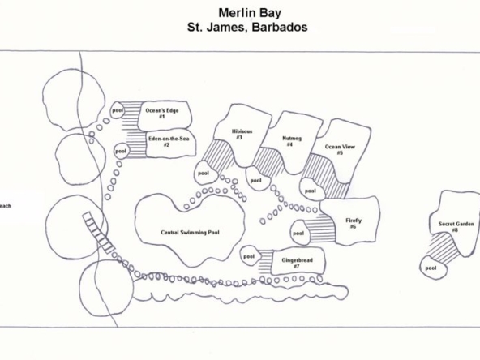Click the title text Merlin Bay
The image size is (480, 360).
(x=250, y=13)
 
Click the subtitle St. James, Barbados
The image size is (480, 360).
(x=247, y=28)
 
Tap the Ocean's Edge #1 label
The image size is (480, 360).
(x=162, y=114)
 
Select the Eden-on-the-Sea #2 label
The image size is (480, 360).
(x=169, y=142)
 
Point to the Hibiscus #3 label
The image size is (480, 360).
(x=242, y=135)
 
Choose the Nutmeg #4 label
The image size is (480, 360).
(x=291, y=141)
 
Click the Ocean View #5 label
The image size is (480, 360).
(x=340, y=150)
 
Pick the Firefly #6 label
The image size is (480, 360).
(x=354, y=224)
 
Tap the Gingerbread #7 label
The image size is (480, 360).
(x=297, y=264)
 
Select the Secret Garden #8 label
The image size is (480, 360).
(x=456, y=227)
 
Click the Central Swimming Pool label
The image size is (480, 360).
(x=190, y=233)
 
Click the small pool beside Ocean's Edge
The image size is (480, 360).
(x=118, y=110)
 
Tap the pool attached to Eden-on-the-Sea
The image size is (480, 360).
(x=121, y=151)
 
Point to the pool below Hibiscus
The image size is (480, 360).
(x=206, y=173)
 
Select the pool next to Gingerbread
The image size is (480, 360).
(x=250, y=256)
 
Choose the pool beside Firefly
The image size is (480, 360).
(x=300, y=233)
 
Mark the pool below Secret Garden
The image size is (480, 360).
(x=432, y=268)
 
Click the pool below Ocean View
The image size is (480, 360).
(x=311, y=190)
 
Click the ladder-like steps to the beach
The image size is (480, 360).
(x=98, y=233)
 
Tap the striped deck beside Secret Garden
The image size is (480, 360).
(x=444, y=248)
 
